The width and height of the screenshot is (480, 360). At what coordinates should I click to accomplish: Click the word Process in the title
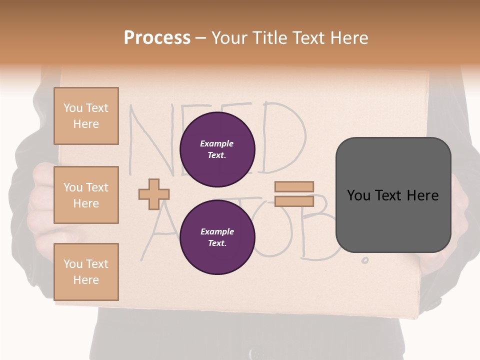(157, 38)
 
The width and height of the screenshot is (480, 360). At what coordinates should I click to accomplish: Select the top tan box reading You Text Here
(86, 116)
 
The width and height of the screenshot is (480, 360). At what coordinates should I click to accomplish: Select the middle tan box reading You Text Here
(86, 195)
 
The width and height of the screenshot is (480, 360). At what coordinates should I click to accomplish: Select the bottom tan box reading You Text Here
(86, 272)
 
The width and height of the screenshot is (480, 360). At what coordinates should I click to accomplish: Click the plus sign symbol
(154, 194)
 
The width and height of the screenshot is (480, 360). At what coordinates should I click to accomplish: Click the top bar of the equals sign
(294, 186)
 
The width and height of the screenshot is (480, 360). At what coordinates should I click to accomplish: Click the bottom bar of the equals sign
(294, 201)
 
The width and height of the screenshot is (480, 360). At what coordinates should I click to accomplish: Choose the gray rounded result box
(393, 195)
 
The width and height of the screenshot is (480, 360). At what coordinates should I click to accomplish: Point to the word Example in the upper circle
(216, 143)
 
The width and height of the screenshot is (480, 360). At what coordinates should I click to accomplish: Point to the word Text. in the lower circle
(217, 243)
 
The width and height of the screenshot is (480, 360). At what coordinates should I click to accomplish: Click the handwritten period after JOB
(365, 260)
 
